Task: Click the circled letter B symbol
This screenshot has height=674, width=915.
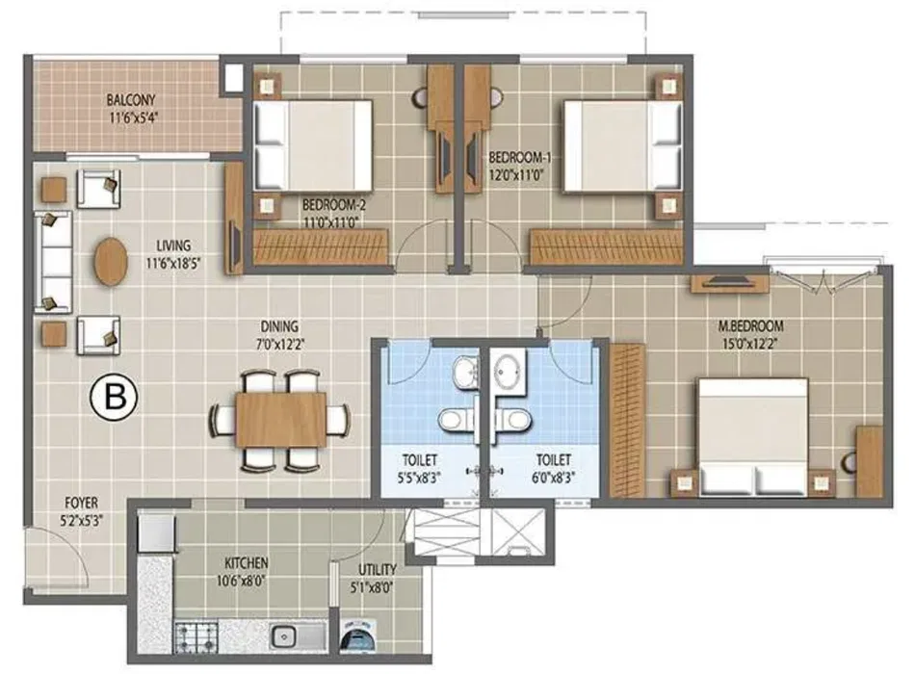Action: (x=114, y=399)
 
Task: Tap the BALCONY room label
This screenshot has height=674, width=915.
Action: (x=131, y=100)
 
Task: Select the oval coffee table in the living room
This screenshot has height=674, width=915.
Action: (x=111, y=261)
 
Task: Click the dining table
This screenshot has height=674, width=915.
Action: (x=280, y=420)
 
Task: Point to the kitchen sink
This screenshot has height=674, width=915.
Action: (x=299, y=635)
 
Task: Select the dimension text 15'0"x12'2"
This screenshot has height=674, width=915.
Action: (x=750, y=343)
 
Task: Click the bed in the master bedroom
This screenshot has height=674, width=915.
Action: (x=753, y=438)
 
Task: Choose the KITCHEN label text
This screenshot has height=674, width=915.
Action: (x=247, y=563)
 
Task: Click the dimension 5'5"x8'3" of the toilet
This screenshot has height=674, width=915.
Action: (x=419, y=478)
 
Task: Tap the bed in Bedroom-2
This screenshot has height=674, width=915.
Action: (x=313, y=145)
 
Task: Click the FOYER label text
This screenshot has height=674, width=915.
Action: (x=81, y=503)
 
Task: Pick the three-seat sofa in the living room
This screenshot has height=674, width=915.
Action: (x=53, y=263)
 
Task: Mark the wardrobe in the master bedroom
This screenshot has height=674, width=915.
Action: (x=627, y=420)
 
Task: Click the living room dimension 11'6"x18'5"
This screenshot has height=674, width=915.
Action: (x=173, y=263)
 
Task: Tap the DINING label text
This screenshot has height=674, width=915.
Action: (x=279, y=326)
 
